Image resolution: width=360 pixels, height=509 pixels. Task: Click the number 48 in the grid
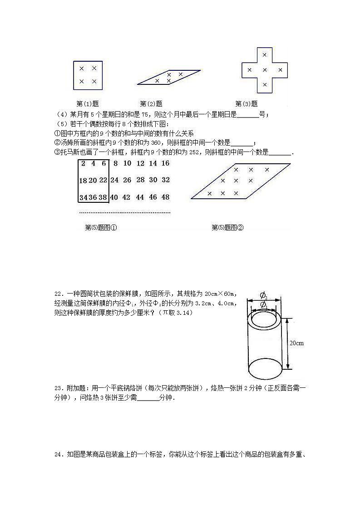coord(165,197)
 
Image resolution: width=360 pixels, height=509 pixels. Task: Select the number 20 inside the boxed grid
coord(93,180)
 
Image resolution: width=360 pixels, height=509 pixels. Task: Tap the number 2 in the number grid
coord(83,163)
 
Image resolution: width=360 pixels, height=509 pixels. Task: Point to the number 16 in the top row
coord(165,163)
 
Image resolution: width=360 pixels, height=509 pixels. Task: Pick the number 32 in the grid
coord(165,180)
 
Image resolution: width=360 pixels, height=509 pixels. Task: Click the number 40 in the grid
coord(114,197)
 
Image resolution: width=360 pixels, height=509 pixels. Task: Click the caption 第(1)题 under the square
coord(88,103)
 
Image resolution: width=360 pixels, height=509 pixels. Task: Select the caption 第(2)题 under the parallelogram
coord(151,103)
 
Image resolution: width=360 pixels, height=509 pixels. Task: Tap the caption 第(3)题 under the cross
coord(247,103)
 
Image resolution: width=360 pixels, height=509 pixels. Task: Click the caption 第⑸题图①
coord(101,228)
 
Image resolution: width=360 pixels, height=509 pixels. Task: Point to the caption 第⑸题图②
coord(228,228)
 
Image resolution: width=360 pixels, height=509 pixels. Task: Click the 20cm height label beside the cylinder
coord(296,343)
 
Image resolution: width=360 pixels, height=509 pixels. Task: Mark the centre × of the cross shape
coord(265,70)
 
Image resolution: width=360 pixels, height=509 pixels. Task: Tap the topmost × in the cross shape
coord(265,55)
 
